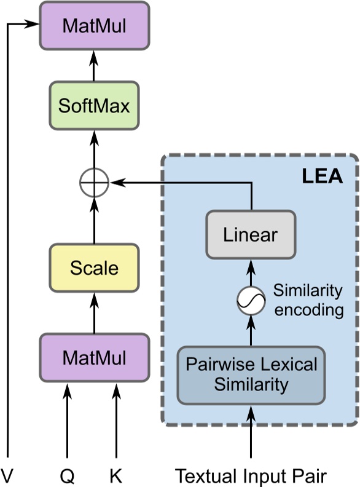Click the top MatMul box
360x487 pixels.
click(x=94, y=25)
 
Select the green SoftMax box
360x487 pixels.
click(x=94, y=106)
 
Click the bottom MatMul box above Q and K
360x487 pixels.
click(x=94, y=357)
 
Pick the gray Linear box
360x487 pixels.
click(x=251, y=235)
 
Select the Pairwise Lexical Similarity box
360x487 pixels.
click(x=251, y=374)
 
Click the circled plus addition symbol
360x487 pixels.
click(x=94, y=183)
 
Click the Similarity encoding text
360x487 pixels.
click(x=308, y=300)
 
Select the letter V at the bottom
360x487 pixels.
click(x=7, y=475)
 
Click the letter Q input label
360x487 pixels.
click(x=67, y=475)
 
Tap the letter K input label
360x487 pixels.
click(x=115, y=475)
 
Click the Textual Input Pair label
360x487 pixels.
click(x=251, y=475)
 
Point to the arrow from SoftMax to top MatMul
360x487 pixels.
click(x=94, y=65)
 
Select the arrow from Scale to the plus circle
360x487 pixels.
click(x=94, y=221)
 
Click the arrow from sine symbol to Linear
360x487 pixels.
click(x=251, y=272)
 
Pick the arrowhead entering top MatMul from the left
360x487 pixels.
click(x=33, y=25)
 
